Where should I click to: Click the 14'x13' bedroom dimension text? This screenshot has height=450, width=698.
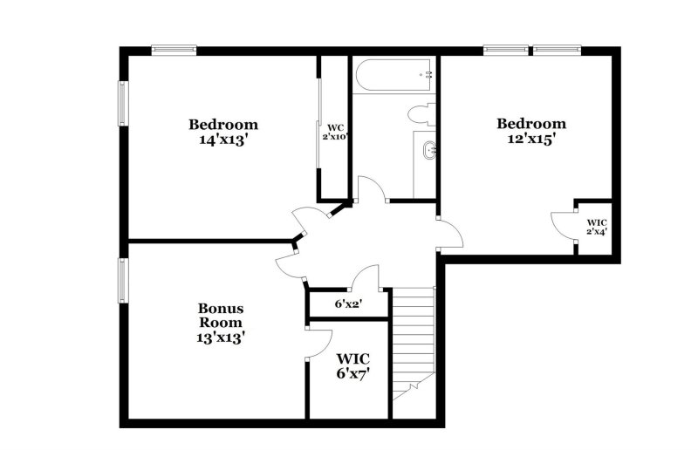pyautogui.click(x=223, y=139)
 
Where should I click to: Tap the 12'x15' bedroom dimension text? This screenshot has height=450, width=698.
pyautogui.click(x=531, y=138)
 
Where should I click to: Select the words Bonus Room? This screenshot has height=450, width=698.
pyautogui.click(x=221, y=315)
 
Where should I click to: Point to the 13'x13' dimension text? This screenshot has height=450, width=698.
pyautogui.click(x=221, y=337)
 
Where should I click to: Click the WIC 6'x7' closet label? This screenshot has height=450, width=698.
pyautogui.click(x=353, y=365)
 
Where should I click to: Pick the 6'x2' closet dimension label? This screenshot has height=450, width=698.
pyautogui.click(x=348, y=304)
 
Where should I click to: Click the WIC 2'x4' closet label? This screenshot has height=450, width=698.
pyautogui.click(x=597, y=227)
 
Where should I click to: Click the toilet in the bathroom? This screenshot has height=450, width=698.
pyautogui.click(x=421, y=112)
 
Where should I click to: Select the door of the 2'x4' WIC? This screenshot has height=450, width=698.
pyautogui.click(x=563, y=223)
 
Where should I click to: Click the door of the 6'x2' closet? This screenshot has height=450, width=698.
pyautogui.click(x=364, y=277)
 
